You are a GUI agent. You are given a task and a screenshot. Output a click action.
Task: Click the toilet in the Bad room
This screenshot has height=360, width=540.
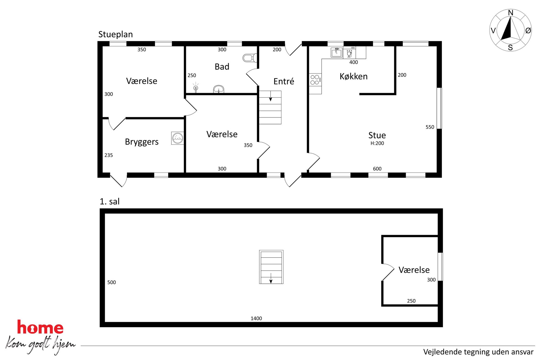pyautogui.click(x=250, y=58)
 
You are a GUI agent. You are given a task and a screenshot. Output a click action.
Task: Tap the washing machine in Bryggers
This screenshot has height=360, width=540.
pyautogui.click(x=177, y=138)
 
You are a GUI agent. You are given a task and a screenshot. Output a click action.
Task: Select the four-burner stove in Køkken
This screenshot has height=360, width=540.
pyautogui.click(x=315, y=80)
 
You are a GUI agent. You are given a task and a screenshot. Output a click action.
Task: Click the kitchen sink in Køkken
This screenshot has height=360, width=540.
pyautogui.click(x=336, y=53)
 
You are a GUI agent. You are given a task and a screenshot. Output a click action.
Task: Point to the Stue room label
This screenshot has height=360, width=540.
pyautogui.click(x=377, y=135)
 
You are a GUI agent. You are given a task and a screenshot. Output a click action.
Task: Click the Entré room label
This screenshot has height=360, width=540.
pyautogui.click(x=284, y=81)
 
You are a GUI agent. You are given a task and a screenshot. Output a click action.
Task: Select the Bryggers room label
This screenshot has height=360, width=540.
pyautogui.click(x=142, y=142)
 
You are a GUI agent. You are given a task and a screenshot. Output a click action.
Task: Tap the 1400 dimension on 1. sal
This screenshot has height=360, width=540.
pyautogui.click(x=256, y=318)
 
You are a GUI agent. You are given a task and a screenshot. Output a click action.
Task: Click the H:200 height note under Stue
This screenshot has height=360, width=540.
pyautogui.click(x=377, y=143)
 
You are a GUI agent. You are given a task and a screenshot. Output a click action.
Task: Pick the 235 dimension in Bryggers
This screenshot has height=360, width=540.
pyautogui.click(x=108, y=155)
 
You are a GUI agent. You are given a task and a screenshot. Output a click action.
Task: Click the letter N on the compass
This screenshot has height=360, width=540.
pyautogui.click(x=511, y=13)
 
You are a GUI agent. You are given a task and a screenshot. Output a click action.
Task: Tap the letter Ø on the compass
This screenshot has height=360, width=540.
pyautogui.click(x=528, y=30)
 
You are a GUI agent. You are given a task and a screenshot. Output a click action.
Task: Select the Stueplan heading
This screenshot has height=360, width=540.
pyautogui.click(x=115, y=35)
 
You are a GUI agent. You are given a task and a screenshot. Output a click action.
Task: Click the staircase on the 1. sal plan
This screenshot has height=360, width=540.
pyautogui.click(x=271, y=267)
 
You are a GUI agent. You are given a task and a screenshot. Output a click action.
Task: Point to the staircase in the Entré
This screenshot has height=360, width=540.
pyautogui.click(x=270, y=107)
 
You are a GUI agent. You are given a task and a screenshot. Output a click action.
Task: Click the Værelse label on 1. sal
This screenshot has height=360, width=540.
pyautogui.click(x=414, y=270)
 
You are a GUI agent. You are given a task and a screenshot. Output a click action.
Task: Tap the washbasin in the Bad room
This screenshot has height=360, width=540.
pyautogui.click(x=219, y=89)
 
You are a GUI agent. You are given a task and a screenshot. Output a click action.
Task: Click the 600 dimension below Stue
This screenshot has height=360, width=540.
pyautogui.click(x=377, y=169)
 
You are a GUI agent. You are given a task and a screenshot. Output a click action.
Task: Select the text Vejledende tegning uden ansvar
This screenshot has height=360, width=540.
pyautogui.click(x=478, y=352)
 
